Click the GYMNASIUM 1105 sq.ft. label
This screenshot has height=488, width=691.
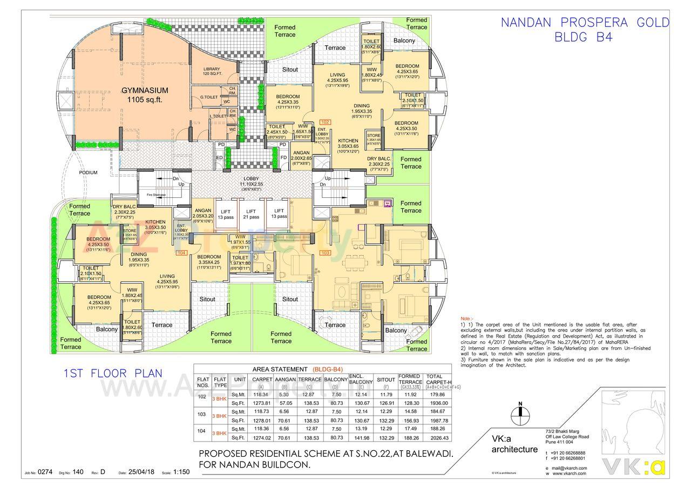point(145,95)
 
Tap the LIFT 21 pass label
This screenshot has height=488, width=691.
point(251,214)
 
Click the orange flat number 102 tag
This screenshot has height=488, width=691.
point(325,122)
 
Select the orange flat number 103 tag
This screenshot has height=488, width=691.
point(325,252)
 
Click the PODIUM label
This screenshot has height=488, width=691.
point(87,173)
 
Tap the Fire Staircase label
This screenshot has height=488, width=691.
point(156,195)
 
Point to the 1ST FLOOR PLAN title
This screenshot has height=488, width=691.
point(112,373)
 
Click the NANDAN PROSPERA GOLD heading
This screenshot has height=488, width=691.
point(585,23)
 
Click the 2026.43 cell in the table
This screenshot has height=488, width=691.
point(440,438)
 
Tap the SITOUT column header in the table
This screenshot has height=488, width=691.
point(385,380)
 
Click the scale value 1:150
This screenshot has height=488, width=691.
point(181,472)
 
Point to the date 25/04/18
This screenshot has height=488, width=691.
point(141,472)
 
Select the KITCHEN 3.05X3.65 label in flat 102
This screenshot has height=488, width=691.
point(348,143)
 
